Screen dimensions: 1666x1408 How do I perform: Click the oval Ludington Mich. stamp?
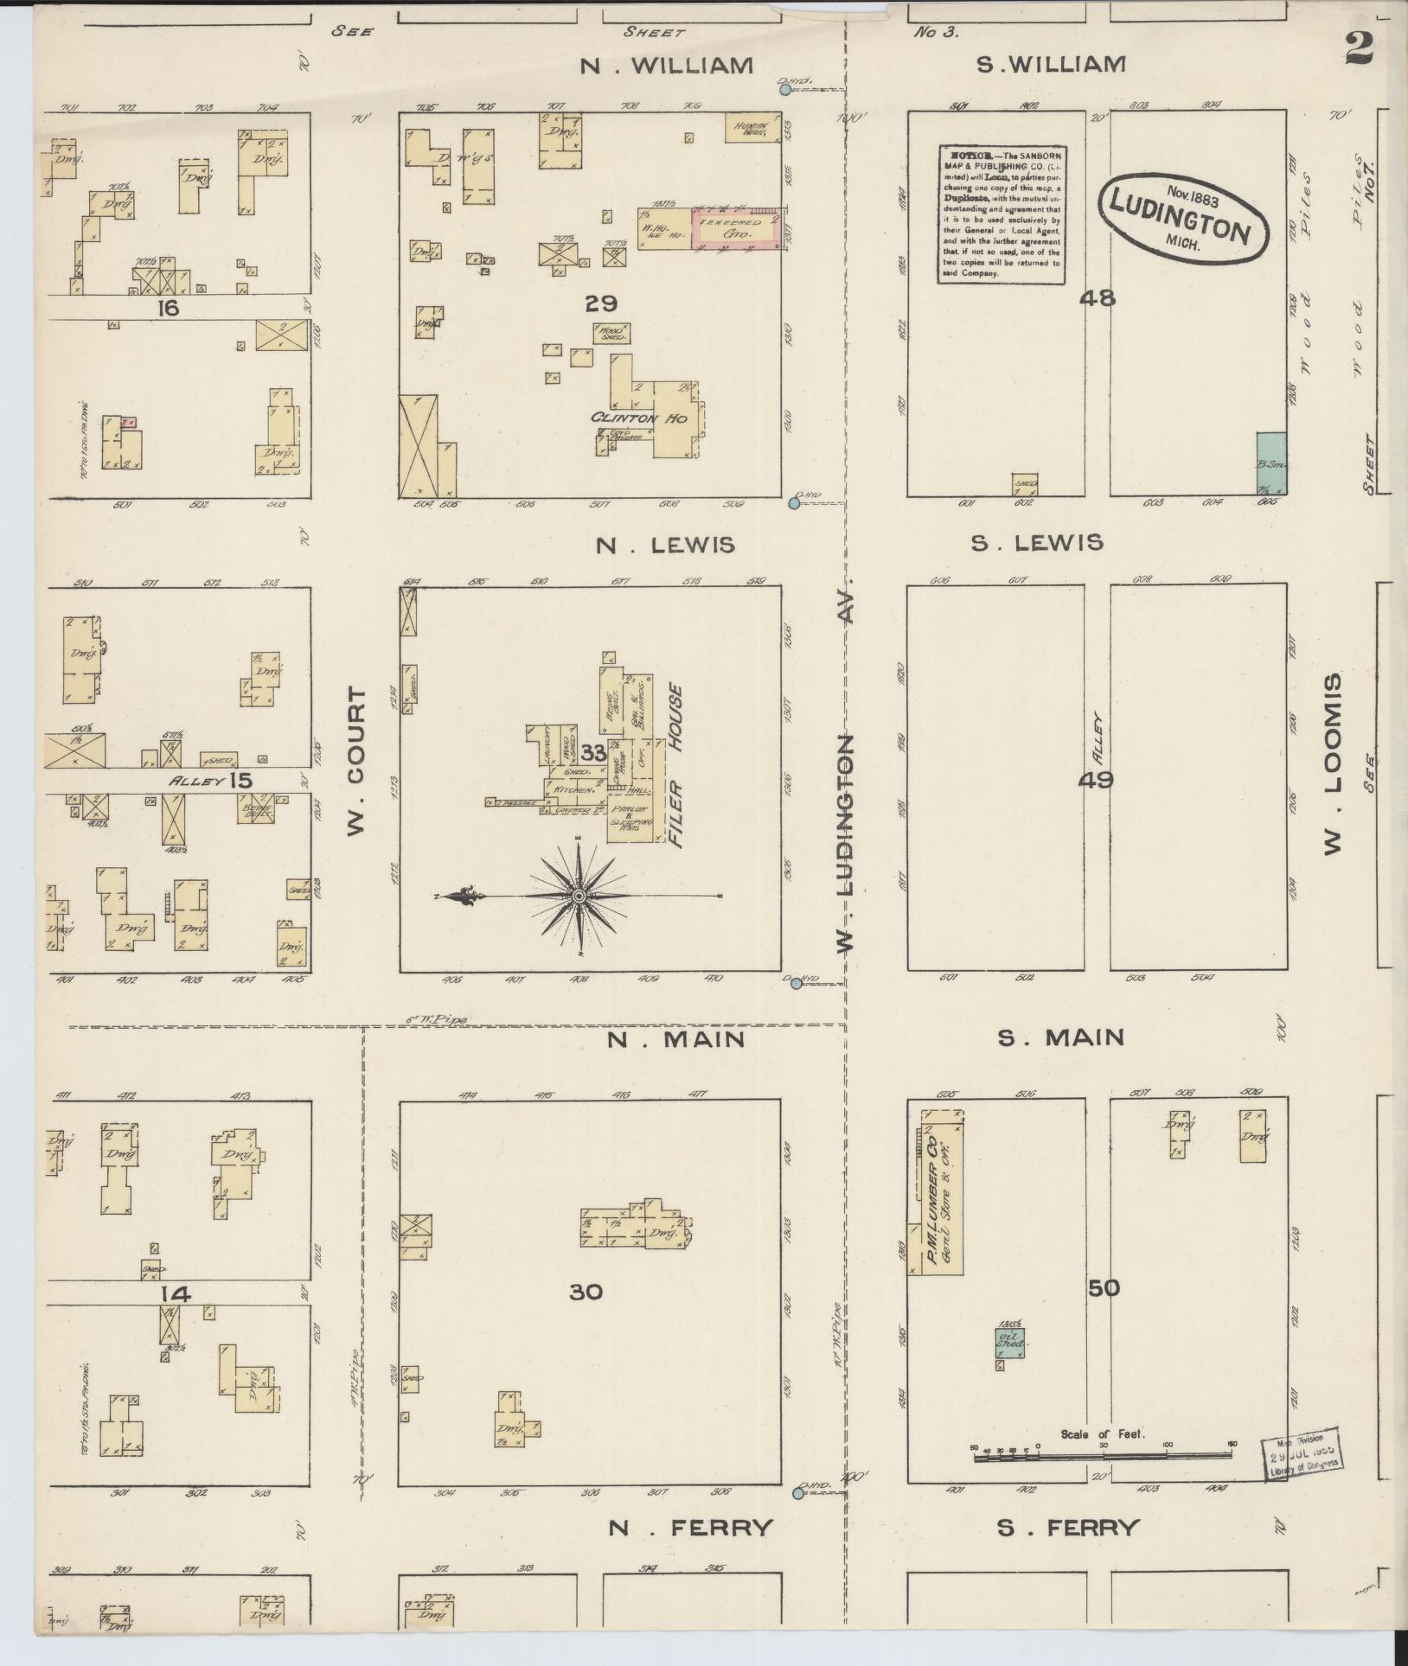(1182, 217)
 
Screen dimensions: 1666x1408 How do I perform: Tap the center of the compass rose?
(577, 897)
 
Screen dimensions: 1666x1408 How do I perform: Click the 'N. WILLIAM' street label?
(679, 66)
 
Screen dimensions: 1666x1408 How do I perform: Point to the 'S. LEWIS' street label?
(1037, 543)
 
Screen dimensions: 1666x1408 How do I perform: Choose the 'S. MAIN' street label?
(1061, 1037)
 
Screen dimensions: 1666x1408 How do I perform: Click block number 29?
(601, 303)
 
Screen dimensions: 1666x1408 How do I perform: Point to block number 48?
(1098, 298)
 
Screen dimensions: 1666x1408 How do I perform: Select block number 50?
(1104, 1312)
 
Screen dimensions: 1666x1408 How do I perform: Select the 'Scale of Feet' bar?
(1103, 1457)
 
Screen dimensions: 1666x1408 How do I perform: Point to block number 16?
(168, 307)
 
